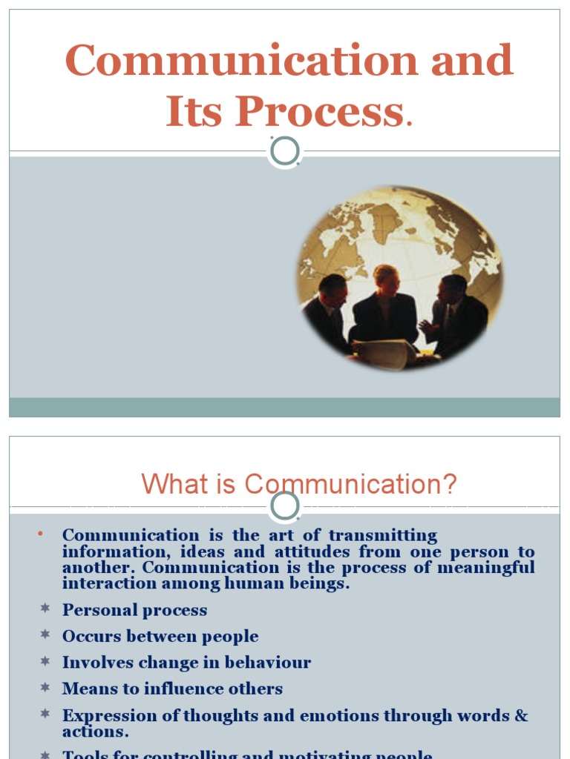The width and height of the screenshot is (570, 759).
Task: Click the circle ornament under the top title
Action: click(x=285, y=151)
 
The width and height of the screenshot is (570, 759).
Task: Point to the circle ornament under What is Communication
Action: click(x=285, y=507)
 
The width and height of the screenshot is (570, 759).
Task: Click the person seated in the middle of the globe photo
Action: click(x=385, y=304)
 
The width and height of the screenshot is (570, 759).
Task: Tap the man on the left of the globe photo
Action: click(x=328, y=311)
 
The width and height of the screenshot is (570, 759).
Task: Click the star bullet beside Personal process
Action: click(x=45, y=609)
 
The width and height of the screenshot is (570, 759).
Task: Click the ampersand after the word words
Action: click(x=521, y=715)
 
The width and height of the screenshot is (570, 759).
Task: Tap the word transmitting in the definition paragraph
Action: click(x=383, y=535)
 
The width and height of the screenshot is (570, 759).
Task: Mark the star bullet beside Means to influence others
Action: click(x=45, y=688)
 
